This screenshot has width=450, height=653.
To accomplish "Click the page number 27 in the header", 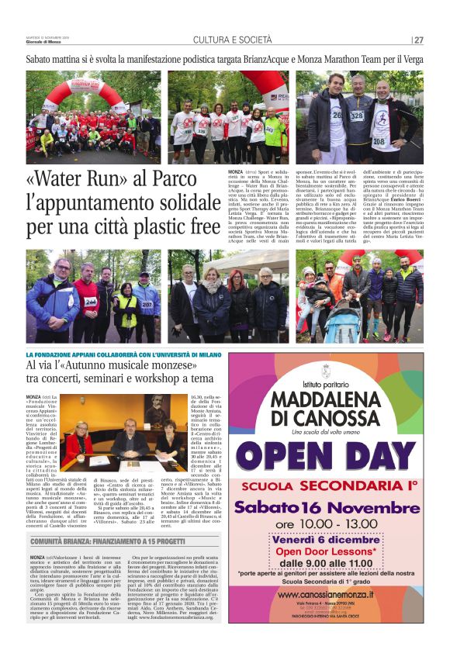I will pyautogui.click(x=418, y=40).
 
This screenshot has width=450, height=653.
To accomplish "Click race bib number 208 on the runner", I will pyautogui.click(x=379, y=141).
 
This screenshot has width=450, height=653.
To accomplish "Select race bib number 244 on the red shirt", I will pyautogui.click(x=90, y=302).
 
